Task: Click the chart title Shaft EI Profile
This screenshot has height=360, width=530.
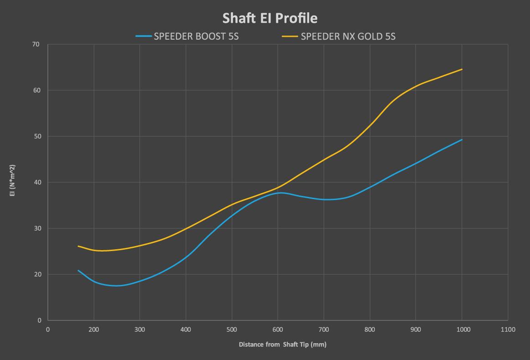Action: click(x=270, y=18)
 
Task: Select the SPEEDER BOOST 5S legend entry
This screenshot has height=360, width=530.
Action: click(x=196, y=36)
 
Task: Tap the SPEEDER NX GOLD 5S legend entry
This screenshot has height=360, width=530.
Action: click(x=348, y=36)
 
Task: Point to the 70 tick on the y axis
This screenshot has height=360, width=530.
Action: click(x=36, y=45)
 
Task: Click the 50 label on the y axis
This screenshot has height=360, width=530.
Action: click(x=36, y=136)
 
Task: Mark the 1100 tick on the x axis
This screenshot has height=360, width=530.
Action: click(x=508, y=329)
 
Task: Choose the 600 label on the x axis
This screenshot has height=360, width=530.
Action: click(x=278, y=329)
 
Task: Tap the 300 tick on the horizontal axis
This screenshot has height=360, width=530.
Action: click(x=140, y=329)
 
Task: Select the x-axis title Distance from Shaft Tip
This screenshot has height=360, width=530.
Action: click(x=282, y=345)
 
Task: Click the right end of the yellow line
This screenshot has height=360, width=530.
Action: click(x=462, y=69)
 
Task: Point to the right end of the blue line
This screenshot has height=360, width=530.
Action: click(x=462, y=139)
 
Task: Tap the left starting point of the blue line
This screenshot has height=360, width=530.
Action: click(x=78, y=270)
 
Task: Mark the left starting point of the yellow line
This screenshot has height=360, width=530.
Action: click(x=78, y=246)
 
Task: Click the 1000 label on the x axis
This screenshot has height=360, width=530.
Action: click(x=462, y=329)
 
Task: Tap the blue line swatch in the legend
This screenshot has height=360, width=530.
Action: click(x=144, y=36)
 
